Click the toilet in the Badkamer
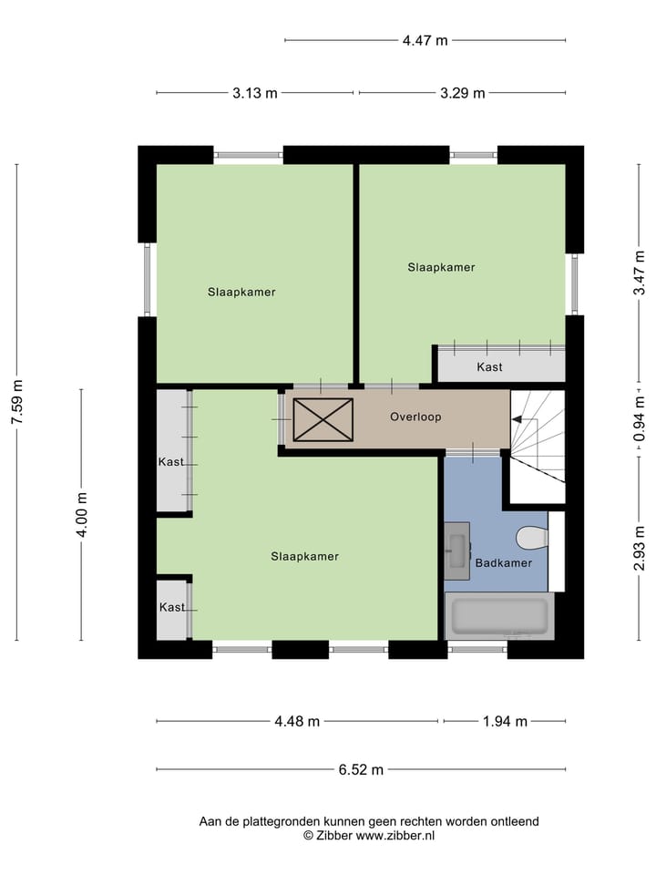point(528,540)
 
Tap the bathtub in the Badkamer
point(498,616)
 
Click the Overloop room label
point(415,417)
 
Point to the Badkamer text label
point(503,563)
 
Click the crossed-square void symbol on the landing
point(322,420)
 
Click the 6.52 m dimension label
point(361,769)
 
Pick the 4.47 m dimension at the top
point(425,40)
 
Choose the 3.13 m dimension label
point(255,93)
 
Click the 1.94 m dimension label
point(505,722)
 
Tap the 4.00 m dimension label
point(82,515)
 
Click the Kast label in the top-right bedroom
point(489,367)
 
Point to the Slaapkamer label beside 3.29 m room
point(441,267)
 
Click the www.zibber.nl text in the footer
point(395,835)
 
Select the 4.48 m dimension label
point(297,722)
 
